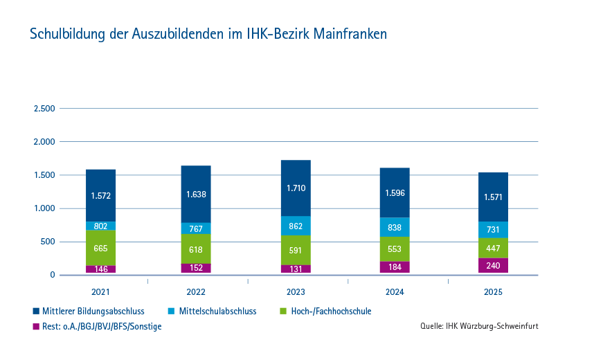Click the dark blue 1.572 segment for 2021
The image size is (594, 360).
point(100,195)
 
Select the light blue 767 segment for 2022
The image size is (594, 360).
point(196,228)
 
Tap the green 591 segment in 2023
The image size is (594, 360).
point(296,250)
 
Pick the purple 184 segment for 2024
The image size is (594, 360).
point(395,267)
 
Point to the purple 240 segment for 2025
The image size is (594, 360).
point(493,265)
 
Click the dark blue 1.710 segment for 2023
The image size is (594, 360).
point(296,188)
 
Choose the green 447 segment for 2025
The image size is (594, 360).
point(493,248)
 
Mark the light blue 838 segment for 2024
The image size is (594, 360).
point(395,227)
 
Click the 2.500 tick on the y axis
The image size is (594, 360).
point(44,109)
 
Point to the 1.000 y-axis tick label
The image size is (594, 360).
point(44,208)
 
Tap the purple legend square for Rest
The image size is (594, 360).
point(36,327)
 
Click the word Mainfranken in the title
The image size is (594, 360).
point(350,34)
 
